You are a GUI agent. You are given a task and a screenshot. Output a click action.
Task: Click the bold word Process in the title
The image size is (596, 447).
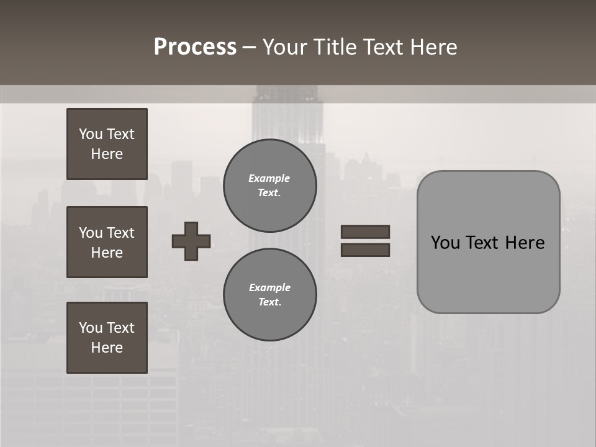pyautogui.click(x=195, y=47)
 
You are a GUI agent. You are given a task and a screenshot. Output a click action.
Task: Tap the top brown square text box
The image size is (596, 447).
pyautogui.click(x=107, y=144)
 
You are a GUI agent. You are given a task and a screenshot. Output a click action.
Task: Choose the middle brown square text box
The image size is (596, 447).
pyautogui.click(x=107, y=242)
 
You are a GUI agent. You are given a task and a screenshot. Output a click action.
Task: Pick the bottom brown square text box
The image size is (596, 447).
pyautogui.click(x=107, y=338)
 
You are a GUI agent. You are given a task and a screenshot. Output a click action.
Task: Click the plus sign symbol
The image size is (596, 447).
pyautogui.click(x=191, y=241)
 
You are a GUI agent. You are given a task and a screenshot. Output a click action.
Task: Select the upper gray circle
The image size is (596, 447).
pyautogui.click(x=270, y=185)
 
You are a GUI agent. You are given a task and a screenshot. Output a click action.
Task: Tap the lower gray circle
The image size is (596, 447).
pyautogui.click(x=270, y=294)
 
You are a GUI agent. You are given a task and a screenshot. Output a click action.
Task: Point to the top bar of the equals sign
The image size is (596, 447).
pyautogui.click(x=366, y=232)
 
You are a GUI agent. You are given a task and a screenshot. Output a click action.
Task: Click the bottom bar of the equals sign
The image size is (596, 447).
pyautogui.click(x=366, y=250)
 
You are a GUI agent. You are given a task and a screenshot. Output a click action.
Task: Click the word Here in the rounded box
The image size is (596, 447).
pyautogui.click(x=525, y=243)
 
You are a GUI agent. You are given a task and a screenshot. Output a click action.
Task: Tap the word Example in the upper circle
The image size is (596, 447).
pyautogui.click(x=269, y=178)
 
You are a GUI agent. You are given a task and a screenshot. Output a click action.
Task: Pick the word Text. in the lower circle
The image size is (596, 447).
pyautogui.click(x=269, y=302)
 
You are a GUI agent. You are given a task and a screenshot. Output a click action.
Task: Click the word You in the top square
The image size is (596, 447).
pyautogui.click(x=91, y=134)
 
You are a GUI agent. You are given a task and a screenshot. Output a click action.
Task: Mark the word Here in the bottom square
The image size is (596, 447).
pyautogui.click(x=107, y=348)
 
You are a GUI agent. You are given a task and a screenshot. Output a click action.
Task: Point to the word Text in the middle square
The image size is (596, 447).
pyautogui.click(x=120, y=233)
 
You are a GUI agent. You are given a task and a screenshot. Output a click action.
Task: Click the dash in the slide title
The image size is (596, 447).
pyautogui.click(x=249, y=47)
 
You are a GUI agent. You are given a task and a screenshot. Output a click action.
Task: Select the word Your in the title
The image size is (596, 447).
pyautogui.click(x=284, y=47)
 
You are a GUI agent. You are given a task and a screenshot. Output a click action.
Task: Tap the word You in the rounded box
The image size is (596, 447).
pyautogui.click(x=445, y=243)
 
